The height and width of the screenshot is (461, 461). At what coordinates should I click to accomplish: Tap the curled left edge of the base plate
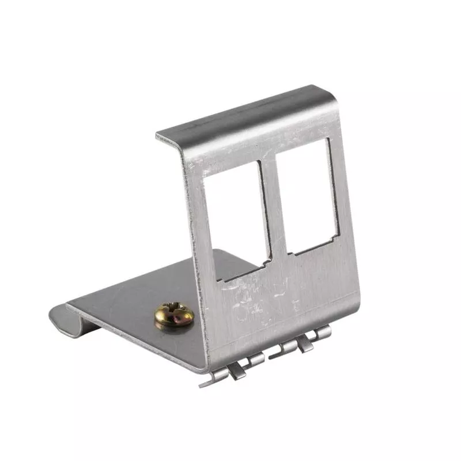[58, 317]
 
